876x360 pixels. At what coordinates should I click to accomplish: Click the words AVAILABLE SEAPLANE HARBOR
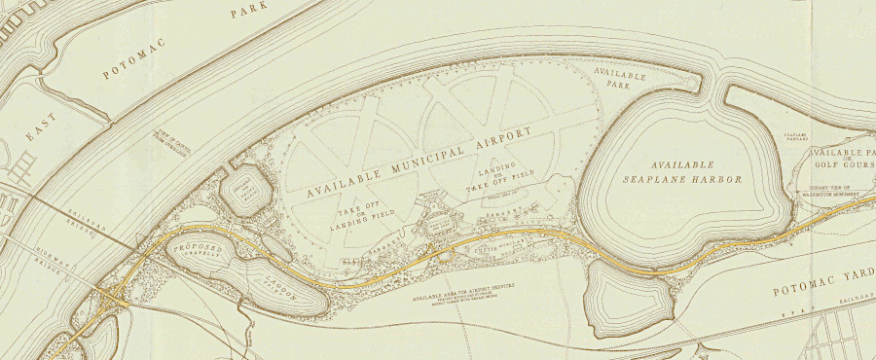click(x=682, y=172)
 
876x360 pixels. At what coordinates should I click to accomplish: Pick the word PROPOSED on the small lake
click(x=199, y=251)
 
